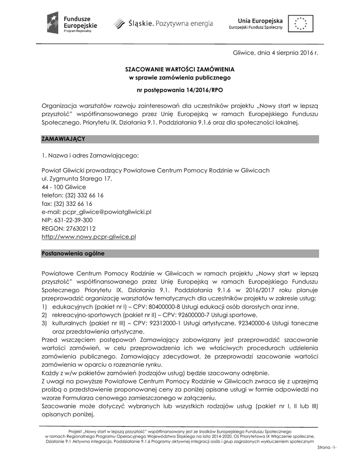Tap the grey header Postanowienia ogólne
pyautogui.click(x=73, y=253)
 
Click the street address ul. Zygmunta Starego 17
pyautogui.click(x=76, y=178)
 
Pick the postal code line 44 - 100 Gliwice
pyautogui.click(x=64, y=187)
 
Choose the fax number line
pyautogui.click(x=67, y=203)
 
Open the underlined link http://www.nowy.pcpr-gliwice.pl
pyautogui.click(x=89, y=237)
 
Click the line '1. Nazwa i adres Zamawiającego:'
pyautogui.click(x=90, y=156)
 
